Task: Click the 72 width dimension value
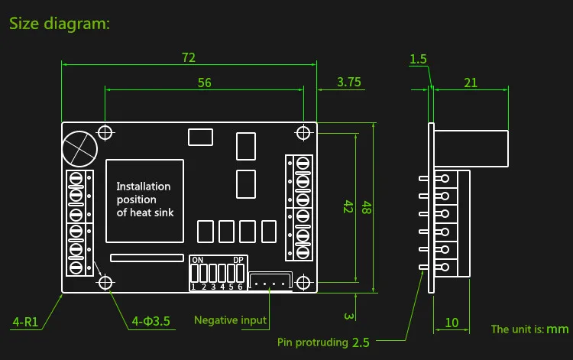[x=189, y=57]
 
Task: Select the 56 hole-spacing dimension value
[x=204, y=83]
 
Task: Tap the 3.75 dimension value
[x=348, y=82]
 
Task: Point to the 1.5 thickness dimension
[x=418, y=59]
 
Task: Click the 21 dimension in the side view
[x=471, y=83]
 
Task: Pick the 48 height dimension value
[x=367, y=207]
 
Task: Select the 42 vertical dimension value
[x=348, y=207]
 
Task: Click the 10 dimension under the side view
[x=452, y=323]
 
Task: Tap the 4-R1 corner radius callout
[x=25, y=322]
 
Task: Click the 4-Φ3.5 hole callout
[x=151, y=321]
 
